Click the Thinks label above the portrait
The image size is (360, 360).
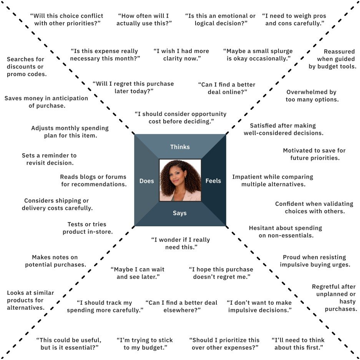click(180, 147)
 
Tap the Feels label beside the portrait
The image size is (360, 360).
click(213, 181)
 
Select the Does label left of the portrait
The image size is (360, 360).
click(146, 181)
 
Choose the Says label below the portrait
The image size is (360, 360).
click(179, 213)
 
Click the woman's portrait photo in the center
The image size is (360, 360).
click(180, 180)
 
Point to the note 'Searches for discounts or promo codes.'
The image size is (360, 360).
click(26, 66)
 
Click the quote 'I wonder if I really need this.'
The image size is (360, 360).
click(181, 244)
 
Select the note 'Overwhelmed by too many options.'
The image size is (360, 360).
click(312, 96)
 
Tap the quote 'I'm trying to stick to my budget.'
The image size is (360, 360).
click(144, 344)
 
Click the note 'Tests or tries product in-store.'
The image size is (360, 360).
click(87, 228)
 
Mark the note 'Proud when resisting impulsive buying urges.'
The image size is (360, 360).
click(315, 261)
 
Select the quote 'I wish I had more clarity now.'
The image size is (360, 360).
click(181, 55)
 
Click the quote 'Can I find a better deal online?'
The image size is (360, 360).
click(226, 88)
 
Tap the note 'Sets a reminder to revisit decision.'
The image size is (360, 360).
click(49, 159)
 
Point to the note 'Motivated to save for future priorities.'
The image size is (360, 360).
click(314, 154)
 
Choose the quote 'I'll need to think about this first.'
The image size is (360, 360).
click(298, 344)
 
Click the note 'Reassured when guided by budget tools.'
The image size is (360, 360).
click(333, 59)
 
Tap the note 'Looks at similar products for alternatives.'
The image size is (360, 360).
click(30, 300)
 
